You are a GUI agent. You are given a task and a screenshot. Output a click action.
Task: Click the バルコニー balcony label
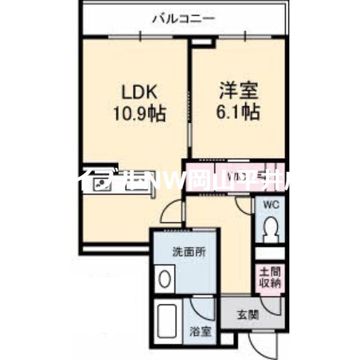click(183, 18)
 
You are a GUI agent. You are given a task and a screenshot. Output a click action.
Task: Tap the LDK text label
click(139, 92)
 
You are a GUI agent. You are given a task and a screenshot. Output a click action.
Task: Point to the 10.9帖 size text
click(139, 113)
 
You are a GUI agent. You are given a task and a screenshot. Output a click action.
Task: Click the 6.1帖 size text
click(238, 112)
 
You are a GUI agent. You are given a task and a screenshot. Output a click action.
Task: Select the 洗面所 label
click(189, 252)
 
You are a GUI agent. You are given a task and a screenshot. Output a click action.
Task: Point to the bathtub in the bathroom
click(167, 322)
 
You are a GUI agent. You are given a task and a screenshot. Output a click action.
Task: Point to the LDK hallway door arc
click(173, 211)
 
